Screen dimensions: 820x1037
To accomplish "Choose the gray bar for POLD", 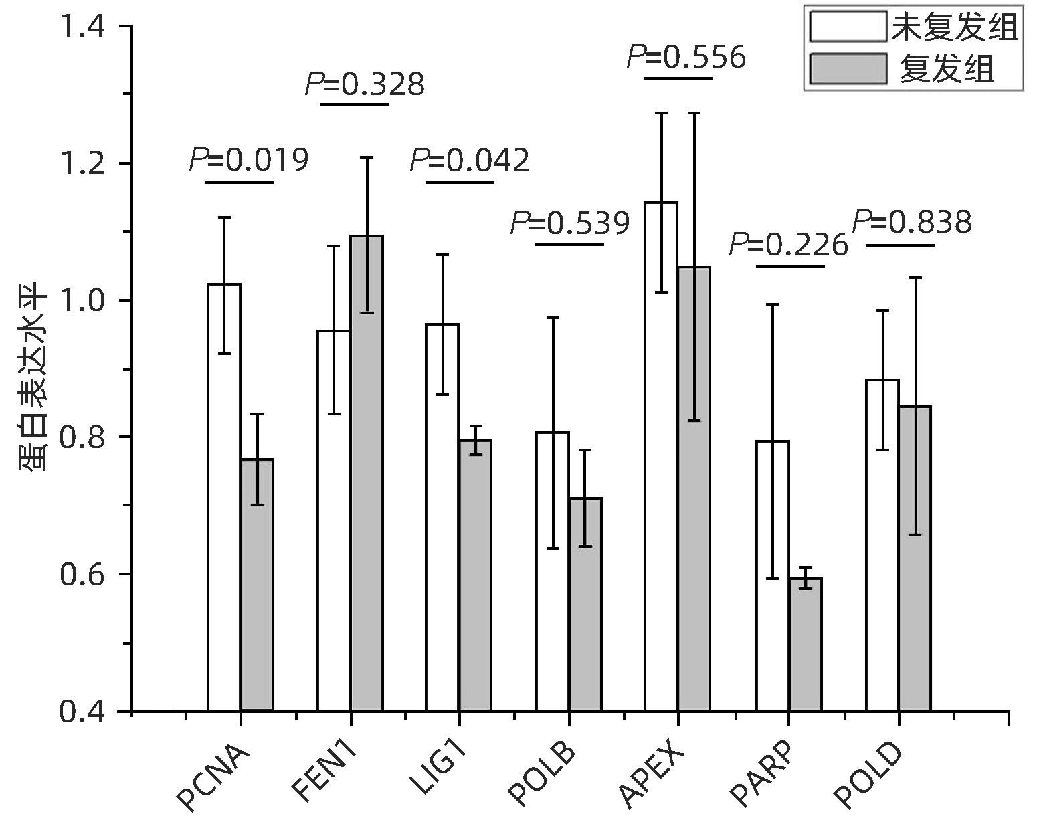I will (x=915, y=558).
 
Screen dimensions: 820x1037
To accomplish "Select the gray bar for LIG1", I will (x=476, y=575).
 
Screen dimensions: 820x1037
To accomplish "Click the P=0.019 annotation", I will (x=249, y=159).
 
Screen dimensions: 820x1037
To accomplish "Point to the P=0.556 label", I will (x=686, y=57).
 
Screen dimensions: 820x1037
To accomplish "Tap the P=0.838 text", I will (x=912, y=222).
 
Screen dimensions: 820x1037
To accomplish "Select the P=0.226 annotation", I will (x=788, y=245).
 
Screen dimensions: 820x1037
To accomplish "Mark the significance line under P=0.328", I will (x=354, y=104).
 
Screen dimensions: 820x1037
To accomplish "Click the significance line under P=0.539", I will (x=570, y=244).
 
